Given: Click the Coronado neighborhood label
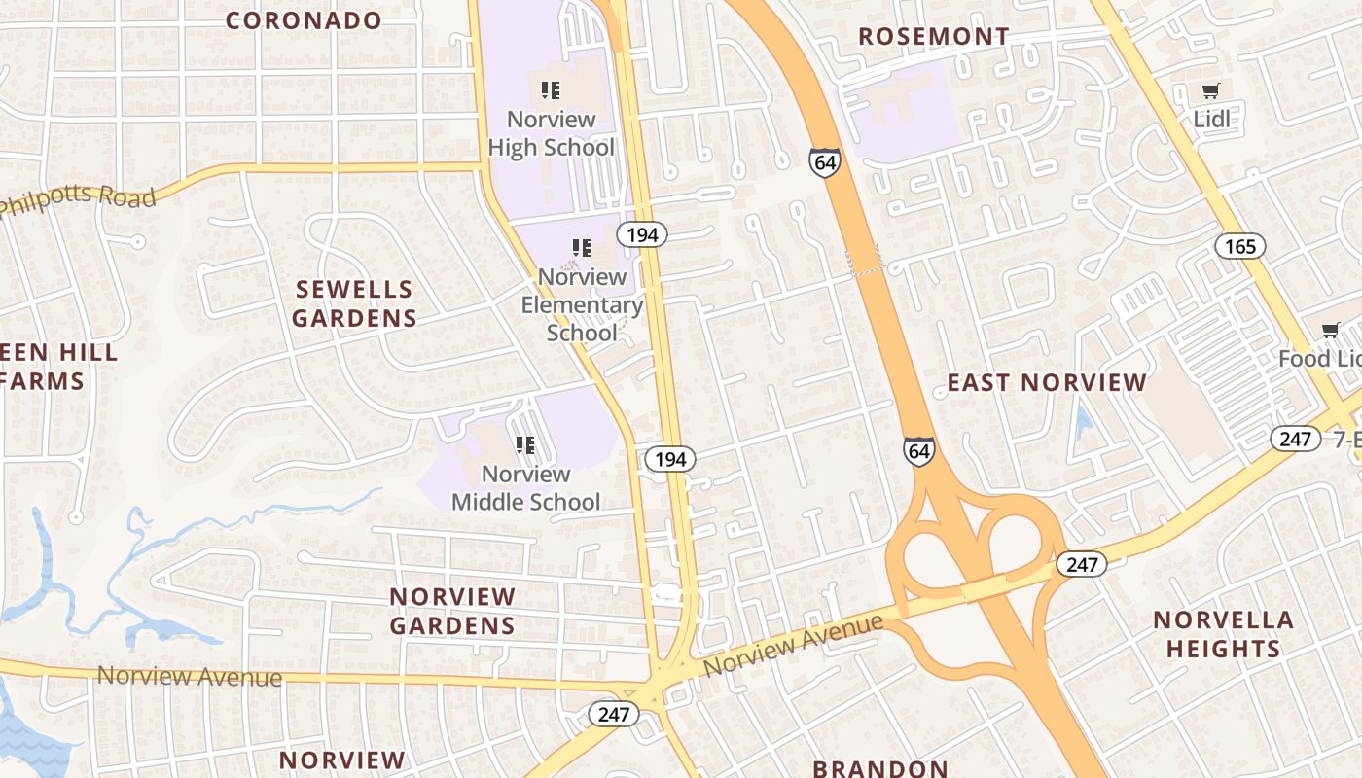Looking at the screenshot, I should pos(304,20).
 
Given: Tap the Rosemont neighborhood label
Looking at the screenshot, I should pos(933,37).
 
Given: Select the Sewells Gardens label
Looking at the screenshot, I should pos(355,303).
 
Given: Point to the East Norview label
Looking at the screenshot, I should pos(1047,382).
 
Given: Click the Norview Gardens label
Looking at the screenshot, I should pos(452,611).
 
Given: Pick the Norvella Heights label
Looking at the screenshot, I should pos(1223,634).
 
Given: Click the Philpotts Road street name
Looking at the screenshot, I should pos(78,197).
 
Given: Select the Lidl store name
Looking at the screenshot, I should pos(1211,120).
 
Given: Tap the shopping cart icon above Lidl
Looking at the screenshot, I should pos(1211,91).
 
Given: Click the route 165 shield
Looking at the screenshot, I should pos(1240,246).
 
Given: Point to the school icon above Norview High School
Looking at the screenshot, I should pos(551,90).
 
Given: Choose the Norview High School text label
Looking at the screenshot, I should pos(551,133).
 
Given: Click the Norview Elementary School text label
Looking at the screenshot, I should pos(582,304).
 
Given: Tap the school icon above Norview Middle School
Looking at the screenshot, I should pos(525,445).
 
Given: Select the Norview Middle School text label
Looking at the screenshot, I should pos(525,488).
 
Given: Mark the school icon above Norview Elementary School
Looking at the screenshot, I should pos(582,248).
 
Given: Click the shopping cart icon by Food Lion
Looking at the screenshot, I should pos(1330,330).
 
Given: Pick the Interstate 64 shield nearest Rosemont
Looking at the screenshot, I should pos(824,161).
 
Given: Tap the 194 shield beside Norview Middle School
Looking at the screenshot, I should pos(669,459).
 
